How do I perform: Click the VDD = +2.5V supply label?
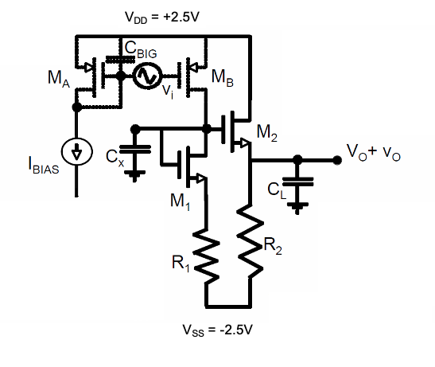click(162, 18)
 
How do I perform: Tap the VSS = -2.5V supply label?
click(218, 330)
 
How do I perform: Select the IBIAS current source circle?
click(76, 152)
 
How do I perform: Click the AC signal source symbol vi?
click(147, 76)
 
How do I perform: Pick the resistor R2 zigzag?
click(251, 241)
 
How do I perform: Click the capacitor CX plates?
click(135, 149)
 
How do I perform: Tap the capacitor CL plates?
click(297, 182)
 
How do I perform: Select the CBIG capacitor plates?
click(120, 59)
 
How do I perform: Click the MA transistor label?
click(59, 79)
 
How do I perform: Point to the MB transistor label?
click(223, 77)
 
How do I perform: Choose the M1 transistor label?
click(181, 201)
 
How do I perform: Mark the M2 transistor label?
click(267, 133)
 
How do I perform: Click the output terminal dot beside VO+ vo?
click(337, 160)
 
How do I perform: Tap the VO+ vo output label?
click(374, 153)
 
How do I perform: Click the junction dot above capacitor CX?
click(135, 129)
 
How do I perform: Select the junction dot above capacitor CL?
click(297, 160)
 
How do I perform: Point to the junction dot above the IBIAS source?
click(76, 107)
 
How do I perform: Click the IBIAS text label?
click(44, 165)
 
